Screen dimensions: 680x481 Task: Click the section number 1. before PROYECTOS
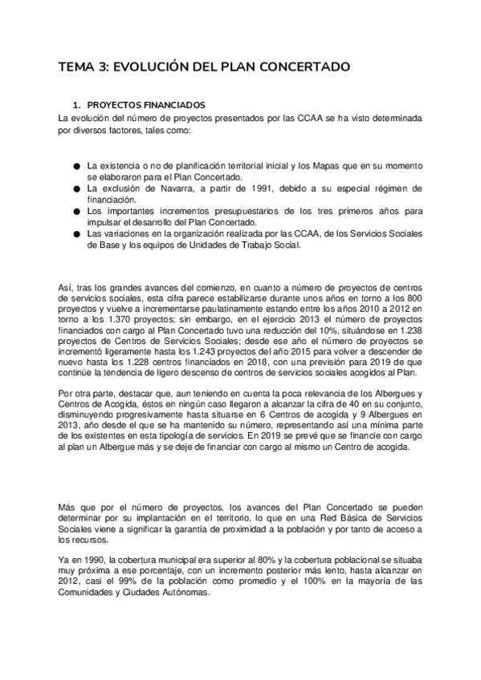pyautogui.click(x=77, y=105)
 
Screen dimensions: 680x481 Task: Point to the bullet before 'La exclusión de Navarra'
pyautogui.click(x=76, y=188)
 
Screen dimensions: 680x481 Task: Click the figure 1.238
pyautogui.click(x=406, y=340)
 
